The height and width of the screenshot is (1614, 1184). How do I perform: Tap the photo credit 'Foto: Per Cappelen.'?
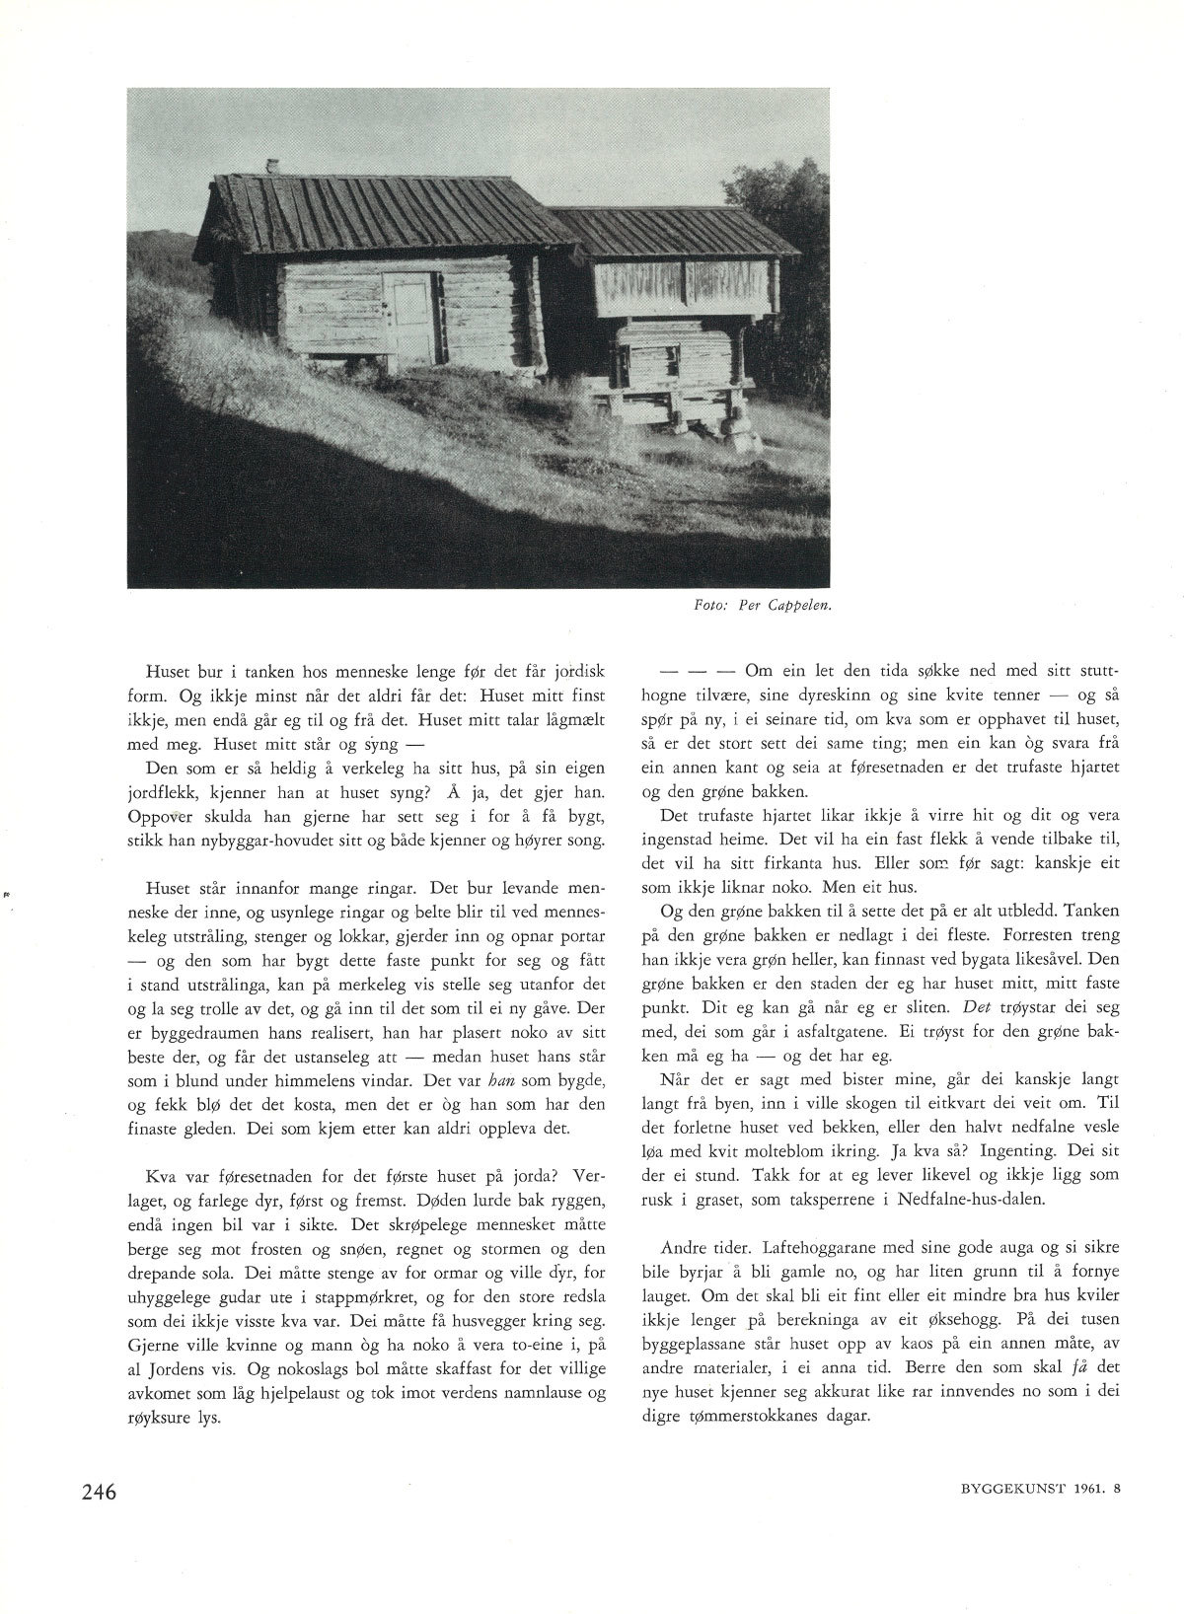click(x=764, y=608)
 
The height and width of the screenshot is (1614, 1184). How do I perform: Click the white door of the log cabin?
click(x=407, y=319)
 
